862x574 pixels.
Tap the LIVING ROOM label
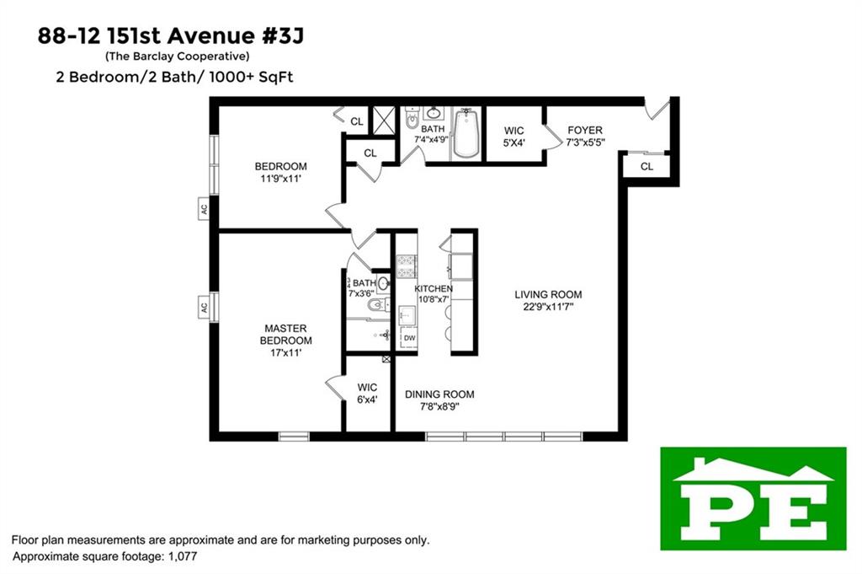tap(548, 294)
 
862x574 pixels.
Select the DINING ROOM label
tap(439, 394)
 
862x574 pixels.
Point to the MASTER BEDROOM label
tap(285, 334)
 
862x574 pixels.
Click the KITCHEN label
tap(434, 289)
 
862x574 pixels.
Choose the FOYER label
tap(585, 130)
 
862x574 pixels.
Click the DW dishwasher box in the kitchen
tap(409, 338)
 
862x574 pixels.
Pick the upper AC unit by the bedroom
tap(204, 210)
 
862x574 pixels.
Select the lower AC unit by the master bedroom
tap(204, 308)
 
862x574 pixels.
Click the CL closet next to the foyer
tap(646, 166)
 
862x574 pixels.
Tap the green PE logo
tap(753, 498)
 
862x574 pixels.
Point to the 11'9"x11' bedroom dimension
tap(281, 179)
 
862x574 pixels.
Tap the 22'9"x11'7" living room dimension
tap(548, 307)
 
